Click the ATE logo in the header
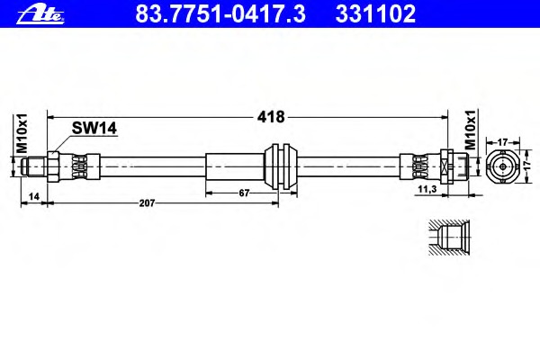(x=40, y=15)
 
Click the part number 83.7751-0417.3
(x=220, y=14)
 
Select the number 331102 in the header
(x=375, y=14)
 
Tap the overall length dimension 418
(x=271, y=117)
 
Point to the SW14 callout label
(x=94, y=128)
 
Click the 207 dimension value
(x=147, y=203)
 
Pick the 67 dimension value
(x=244, y=193)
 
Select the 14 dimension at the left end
(x=34, y=197)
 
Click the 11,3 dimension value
(x=427, y=189)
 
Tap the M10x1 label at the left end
(x=22, y=133)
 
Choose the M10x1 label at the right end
(x=471, y=130)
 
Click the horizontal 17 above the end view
(x=503, y=142)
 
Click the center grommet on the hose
(x=280, y=166)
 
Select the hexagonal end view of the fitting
(x=503, y=166)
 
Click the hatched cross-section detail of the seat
(x=450, y=238)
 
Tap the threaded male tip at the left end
(x=34, y=166)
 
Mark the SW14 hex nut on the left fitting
(x=53, y=166)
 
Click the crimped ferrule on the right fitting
(x=420, y=166)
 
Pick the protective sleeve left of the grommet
(x=235, y=166)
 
